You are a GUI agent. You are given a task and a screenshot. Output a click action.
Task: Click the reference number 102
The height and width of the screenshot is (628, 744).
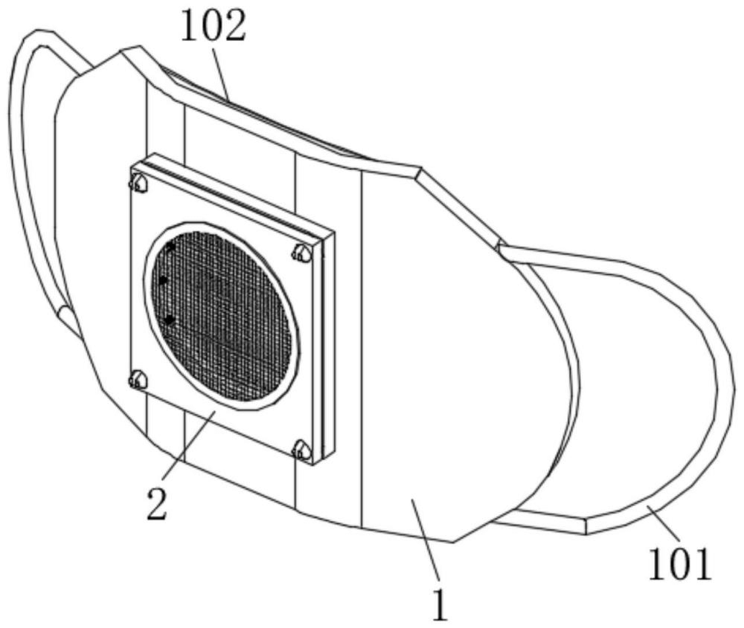coord(214,26)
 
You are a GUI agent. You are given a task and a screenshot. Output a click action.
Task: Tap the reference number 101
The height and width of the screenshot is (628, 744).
coord(680,564)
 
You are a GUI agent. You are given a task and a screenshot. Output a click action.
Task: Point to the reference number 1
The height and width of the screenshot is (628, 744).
coord(440,605)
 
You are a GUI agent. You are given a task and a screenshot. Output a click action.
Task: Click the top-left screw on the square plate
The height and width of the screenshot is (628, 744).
coord(138,183)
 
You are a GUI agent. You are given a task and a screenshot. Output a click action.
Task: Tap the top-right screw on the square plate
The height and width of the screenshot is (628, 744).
coord(302,253)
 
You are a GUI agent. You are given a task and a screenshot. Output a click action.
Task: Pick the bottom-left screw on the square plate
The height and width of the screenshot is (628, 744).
coord(138,380)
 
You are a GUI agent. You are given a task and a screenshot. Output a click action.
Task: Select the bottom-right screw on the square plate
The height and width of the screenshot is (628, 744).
coord(302,450)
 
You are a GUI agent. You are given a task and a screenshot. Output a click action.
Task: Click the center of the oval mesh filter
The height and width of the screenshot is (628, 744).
coord(222,316)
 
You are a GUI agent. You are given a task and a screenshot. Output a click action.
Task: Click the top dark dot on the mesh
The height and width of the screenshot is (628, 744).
coord(170,247)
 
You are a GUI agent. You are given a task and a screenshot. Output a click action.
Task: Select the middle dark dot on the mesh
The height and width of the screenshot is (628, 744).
coord(163,281)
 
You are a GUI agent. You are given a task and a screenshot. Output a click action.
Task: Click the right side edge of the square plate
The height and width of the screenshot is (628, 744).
coord(328,346)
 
